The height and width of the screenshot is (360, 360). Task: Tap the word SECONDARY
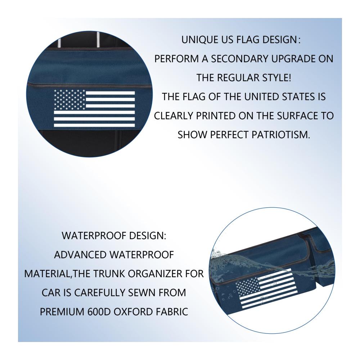click(239, 59)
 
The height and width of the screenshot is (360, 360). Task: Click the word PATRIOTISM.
click(281, 135)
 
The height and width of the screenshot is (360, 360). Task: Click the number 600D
click(99, 312)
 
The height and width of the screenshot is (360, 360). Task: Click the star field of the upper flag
click(69, 99)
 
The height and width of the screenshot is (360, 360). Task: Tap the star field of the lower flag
click(248, 285)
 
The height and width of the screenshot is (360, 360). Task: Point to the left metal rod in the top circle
click(59, 43)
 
